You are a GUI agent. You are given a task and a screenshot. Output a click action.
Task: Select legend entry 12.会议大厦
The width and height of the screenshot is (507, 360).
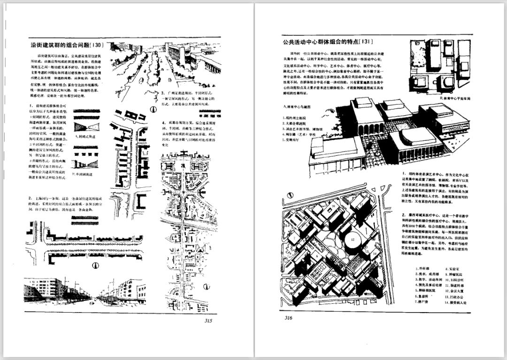click(454, 291)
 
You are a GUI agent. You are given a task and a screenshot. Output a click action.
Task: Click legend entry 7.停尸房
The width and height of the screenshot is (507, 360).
click(424, 303)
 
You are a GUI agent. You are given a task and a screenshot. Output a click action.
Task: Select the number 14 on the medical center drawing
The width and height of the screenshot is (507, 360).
click(375, 254)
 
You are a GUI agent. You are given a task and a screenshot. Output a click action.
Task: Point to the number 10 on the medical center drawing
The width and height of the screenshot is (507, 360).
click(332, 206)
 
